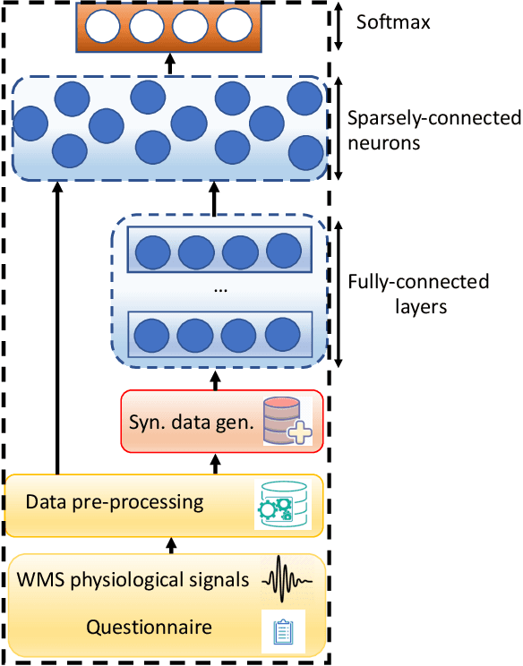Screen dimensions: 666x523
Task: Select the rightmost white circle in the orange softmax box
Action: point(233,25)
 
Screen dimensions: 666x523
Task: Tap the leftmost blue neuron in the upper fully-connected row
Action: point(151,251)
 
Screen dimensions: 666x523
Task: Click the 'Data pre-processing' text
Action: point(116,501)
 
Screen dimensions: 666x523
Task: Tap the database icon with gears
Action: point(283,504)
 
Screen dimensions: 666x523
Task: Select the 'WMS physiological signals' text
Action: point(133,579)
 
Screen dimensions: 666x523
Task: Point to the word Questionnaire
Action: point(149,627)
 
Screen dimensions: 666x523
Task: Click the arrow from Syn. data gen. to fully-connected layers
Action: point(214,380)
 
